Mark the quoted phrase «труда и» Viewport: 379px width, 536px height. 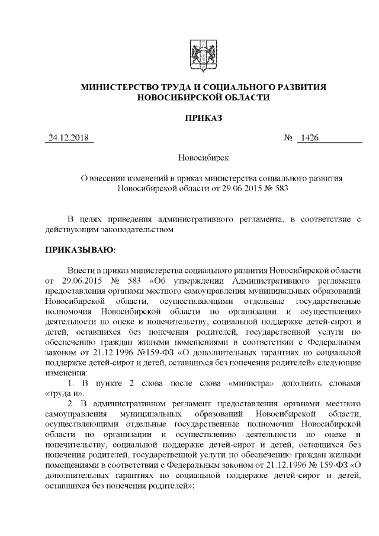click(62, 394)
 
